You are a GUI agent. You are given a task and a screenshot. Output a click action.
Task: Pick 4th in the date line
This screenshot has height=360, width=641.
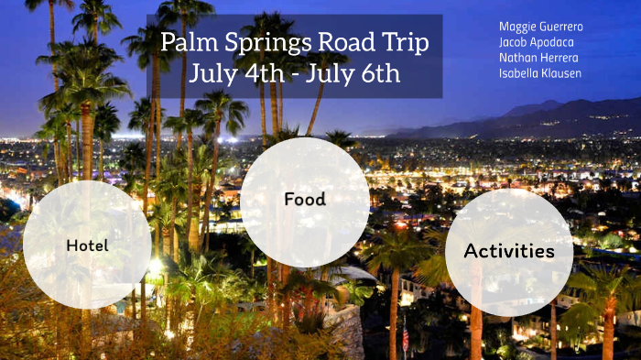262,72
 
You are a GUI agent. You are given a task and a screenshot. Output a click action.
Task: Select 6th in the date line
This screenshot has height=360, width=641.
380,72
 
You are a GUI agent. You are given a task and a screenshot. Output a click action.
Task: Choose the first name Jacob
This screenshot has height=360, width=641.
514,42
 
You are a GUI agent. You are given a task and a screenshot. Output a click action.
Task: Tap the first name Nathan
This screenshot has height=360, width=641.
517,58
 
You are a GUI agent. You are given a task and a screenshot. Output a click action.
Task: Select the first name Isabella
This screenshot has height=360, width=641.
518,73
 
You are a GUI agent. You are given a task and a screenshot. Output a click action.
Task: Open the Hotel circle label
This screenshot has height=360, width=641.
87,245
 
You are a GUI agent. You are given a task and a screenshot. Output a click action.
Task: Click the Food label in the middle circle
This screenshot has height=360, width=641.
305,199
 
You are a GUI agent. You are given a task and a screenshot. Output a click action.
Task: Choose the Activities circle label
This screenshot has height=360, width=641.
509,250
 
